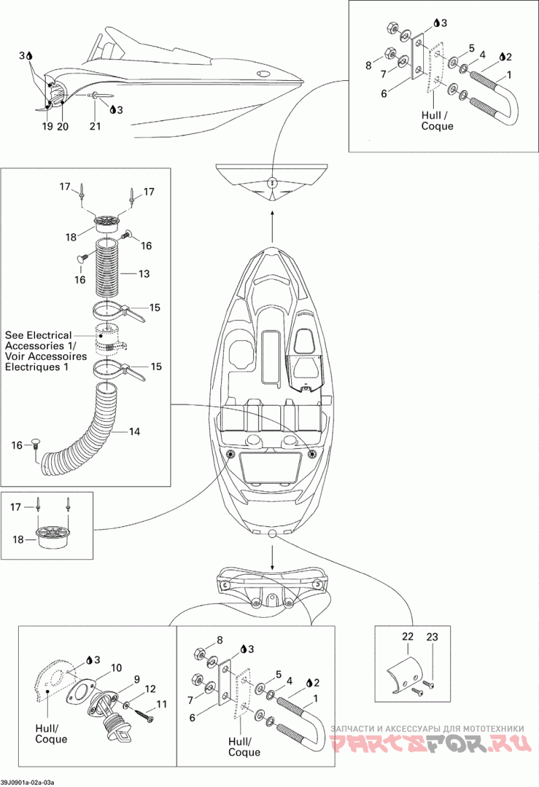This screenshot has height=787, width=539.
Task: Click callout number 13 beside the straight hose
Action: pos(144,274)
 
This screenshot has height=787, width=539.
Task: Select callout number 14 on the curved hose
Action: pos(135,432)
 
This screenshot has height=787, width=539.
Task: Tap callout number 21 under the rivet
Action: pos(95,126)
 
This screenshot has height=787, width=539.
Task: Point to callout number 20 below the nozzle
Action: pos(63,126)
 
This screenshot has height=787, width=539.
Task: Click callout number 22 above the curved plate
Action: pos(408,637)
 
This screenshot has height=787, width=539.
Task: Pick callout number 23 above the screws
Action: pos(432,637)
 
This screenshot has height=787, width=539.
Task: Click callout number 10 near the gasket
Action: pos(117,668)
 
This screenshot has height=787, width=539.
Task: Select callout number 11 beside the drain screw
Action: pos(161,705)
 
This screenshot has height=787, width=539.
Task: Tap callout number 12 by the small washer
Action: pos(150,689)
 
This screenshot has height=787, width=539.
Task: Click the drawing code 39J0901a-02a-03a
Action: pos(28,782)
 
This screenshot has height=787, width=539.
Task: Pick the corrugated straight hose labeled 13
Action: pos(109,274)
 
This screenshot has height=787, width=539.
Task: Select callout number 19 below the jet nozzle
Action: pos(47,126)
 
